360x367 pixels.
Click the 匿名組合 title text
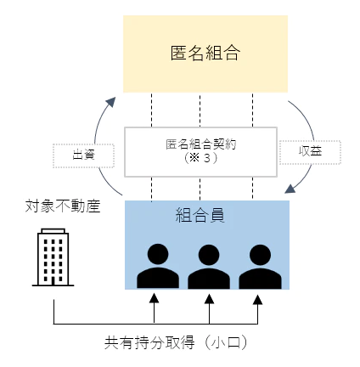[205, 53]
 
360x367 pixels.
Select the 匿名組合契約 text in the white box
[200, 144]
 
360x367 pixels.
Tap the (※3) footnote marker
[200, 158]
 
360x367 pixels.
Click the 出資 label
[83, 155]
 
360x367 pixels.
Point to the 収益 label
[310, 151]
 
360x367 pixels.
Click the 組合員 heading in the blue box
[200, 215]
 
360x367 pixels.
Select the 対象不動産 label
[63, 206]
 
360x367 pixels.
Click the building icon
[53, 257]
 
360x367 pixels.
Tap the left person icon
[158, 266]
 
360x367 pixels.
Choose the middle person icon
[209, 266]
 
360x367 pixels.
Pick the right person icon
[260, 266]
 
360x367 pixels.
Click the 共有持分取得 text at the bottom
[149, 342]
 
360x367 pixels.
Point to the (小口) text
[226, 342]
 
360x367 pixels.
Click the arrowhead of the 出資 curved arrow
[111, 102]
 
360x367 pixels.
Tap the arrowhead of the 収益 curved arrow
[290, 189]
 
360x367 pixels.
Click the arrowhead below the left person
[154, 298]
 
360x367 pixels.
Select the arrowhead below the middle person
[209, 299]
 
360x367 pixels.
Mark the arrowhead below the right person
[257, 300]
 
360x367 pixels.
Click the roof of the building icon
[53, 231]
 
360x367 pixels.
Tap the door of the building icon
[53, 281]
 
